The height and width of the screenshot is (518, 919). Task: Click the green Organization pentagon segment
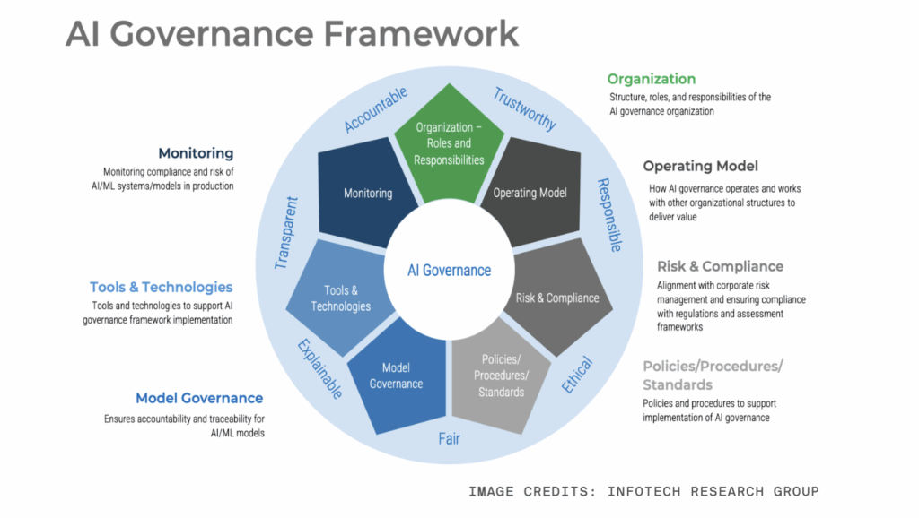click(450, 142)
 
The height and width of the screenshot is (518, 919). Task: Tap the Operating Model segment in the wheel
click(530, 192)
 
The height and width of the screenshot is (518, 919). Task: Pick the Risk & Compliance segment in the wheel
click(557, 297)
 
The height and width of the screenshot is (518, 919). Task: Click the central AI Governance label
click(450, 270)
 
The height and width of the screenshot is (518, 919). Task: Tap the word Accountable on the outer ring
click(376, 109)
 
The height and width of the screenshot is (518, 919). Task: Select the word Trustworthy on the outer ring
click(525, 108)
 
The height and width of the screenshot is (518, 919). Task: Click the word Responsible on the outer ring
click(610, 215)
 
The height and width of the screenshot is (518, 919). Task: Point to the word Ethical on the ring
click(580, 375)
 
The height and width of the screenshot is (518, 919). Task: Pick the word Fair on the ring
click(450, 438)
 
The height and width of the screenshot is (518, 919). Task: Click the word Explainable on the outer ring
click(319, 368)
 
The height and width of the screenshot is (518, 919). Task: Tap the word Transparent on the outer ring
click(286, 233)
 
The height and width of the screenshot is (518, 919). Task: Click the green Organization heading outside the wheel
click(652, 79)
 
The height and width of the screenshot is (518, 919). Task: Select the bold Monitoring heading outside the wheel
click(196, 153)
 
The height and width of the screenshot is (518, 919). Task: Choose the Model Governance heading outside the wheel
click(199, 398)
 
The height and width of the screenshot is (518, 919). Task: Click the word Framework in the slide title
click(421, 33)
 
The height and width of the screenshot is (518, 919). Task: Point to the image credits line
click(643, 491)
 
